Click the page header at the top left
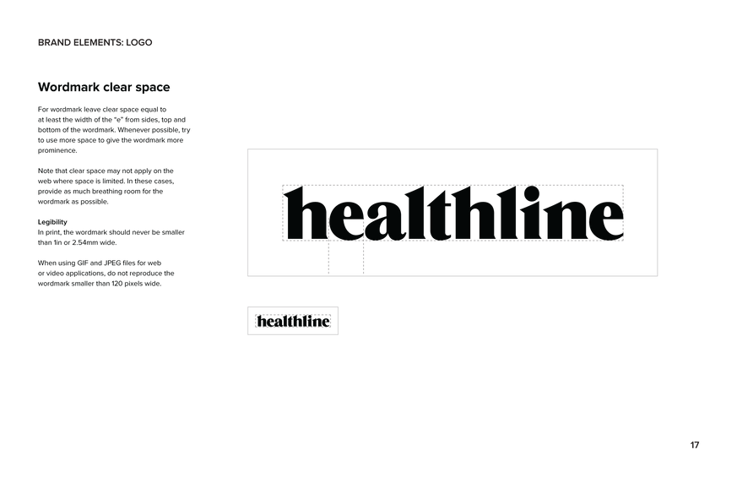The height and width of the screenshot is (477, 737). click(95, 42)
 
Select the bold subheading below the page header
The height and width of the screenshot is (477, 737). click(104, 87)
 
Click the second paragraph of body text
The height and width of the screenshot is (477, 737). click(106, 186)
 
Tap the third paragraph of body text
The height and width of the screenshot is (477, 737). click(111, 232)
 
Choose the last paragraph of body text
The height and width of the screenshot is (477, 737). click(106, 273)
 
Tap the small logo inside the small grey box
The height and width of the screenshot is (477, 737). click(293, 321)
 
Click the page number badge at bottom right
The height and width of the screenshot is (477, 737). click(695, 445)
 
